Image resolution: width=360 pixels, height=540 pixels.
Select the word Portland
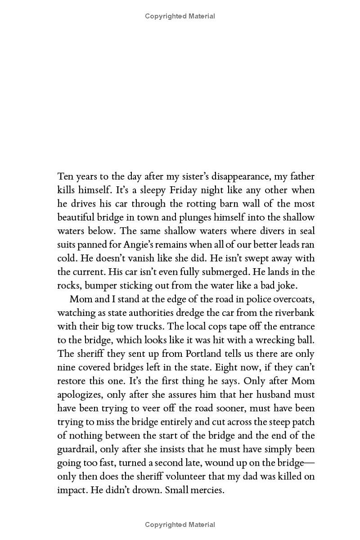click(207, 354)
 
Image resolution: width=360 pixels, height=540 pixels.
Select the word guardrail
click(76, 450)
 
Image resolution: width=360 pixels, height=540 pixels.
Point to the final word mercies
click(206, 490)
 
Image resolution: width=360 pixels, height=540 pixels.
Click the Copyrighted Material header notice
click(180, 16)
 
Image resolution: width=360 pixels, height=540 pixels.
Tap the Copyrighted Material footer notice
click(180, 524)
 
